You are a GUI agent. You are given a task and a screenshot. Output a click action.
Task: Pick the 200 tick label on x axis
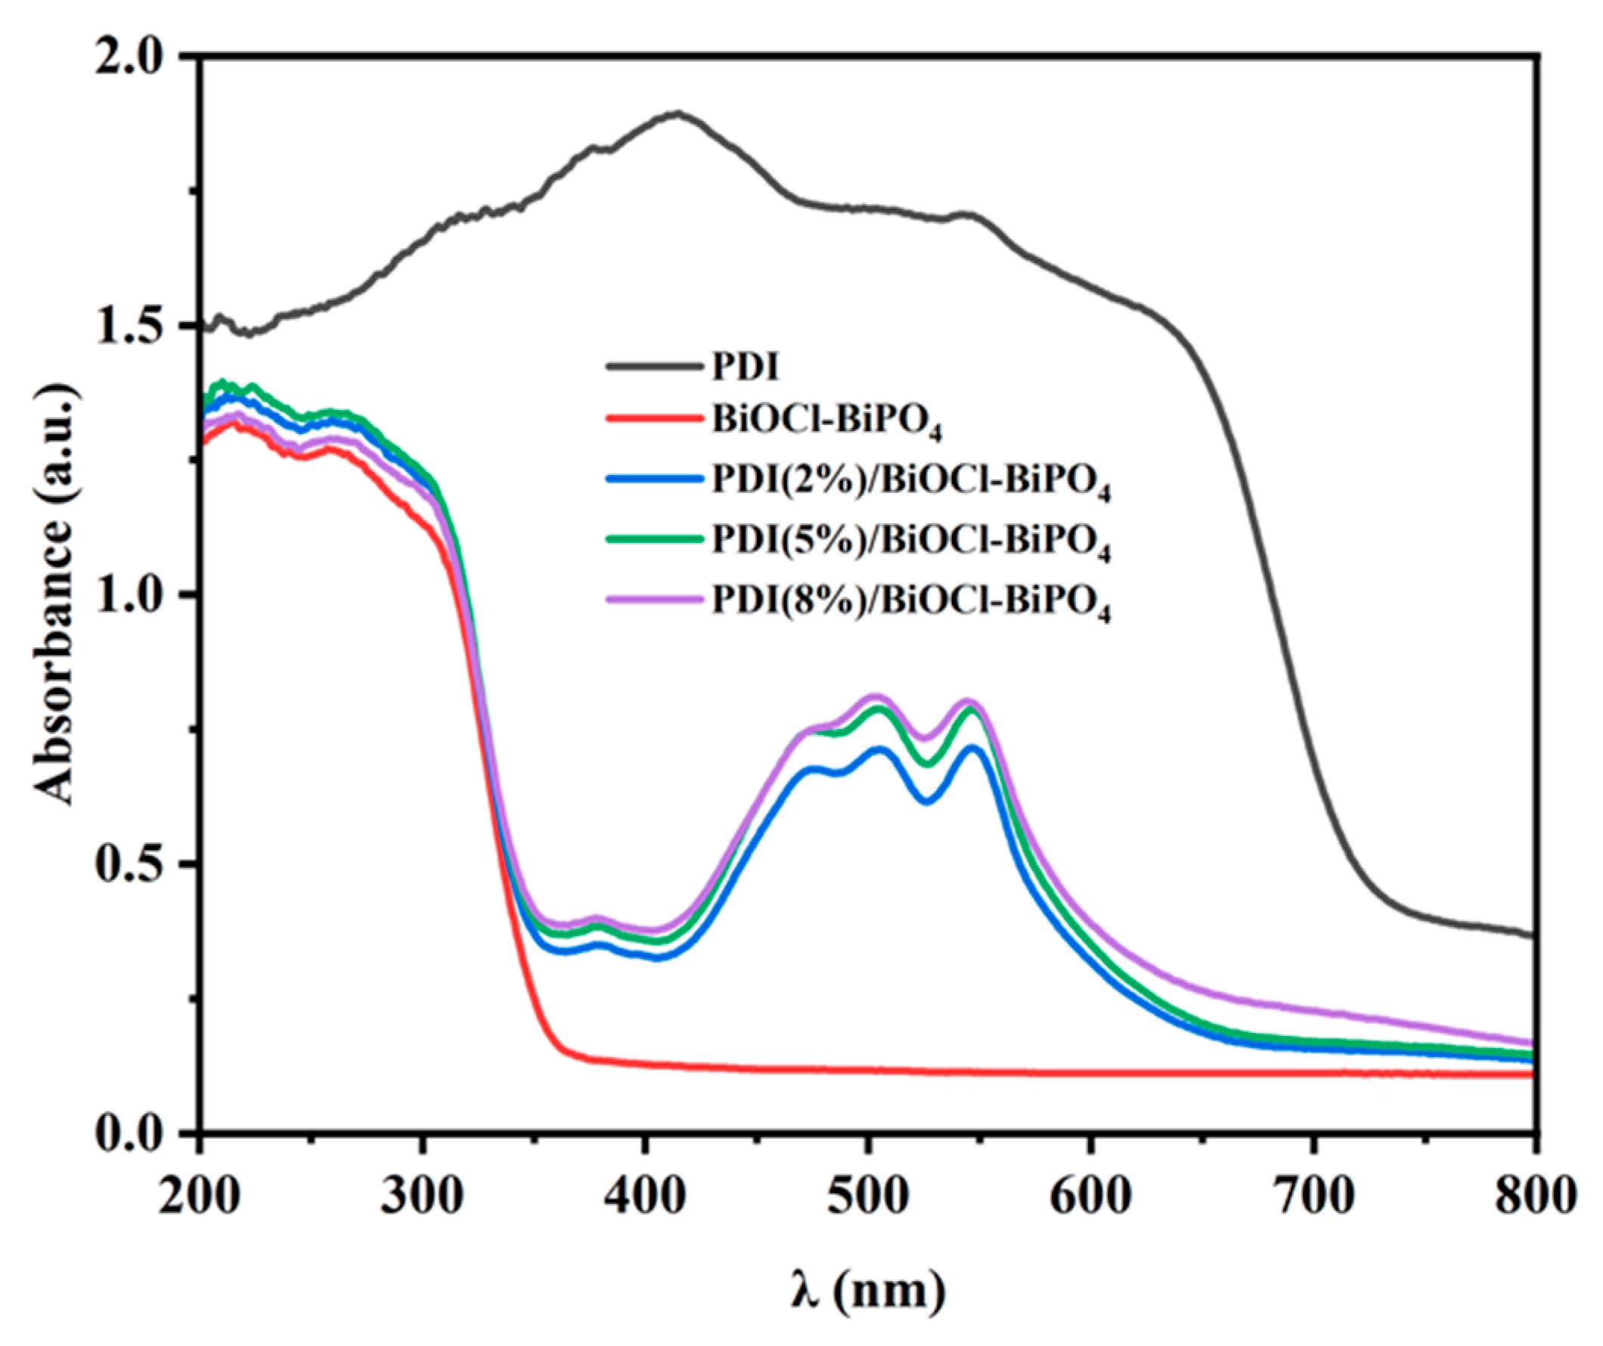click(200, 1196)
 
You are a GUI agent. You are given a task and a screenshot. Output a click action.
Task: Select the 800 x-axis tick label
click(1534, 1196)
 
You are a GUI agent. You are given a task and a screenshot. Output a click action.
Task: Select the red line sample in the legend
click(654, 418)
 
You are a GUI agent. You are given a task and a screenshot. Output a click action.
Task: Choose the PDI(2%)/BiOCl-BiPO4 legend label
click(910, 481)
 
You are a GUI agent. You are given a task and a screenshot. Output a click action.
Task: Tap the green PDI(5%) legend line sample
click(654, 539)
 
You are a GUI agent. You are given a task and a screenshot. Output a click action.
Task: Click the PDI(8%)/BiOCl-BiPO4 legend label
click(910, 602)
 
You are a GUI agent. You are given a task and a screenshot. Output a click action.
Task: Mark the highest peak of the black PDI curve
click(676, 113)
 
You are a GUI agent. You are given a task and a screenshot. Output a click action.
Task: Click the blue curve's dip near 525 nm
click(927, 801)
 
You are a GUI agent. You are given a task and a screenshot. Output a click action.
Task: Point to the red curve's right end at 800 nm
click(1531, 1075)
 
